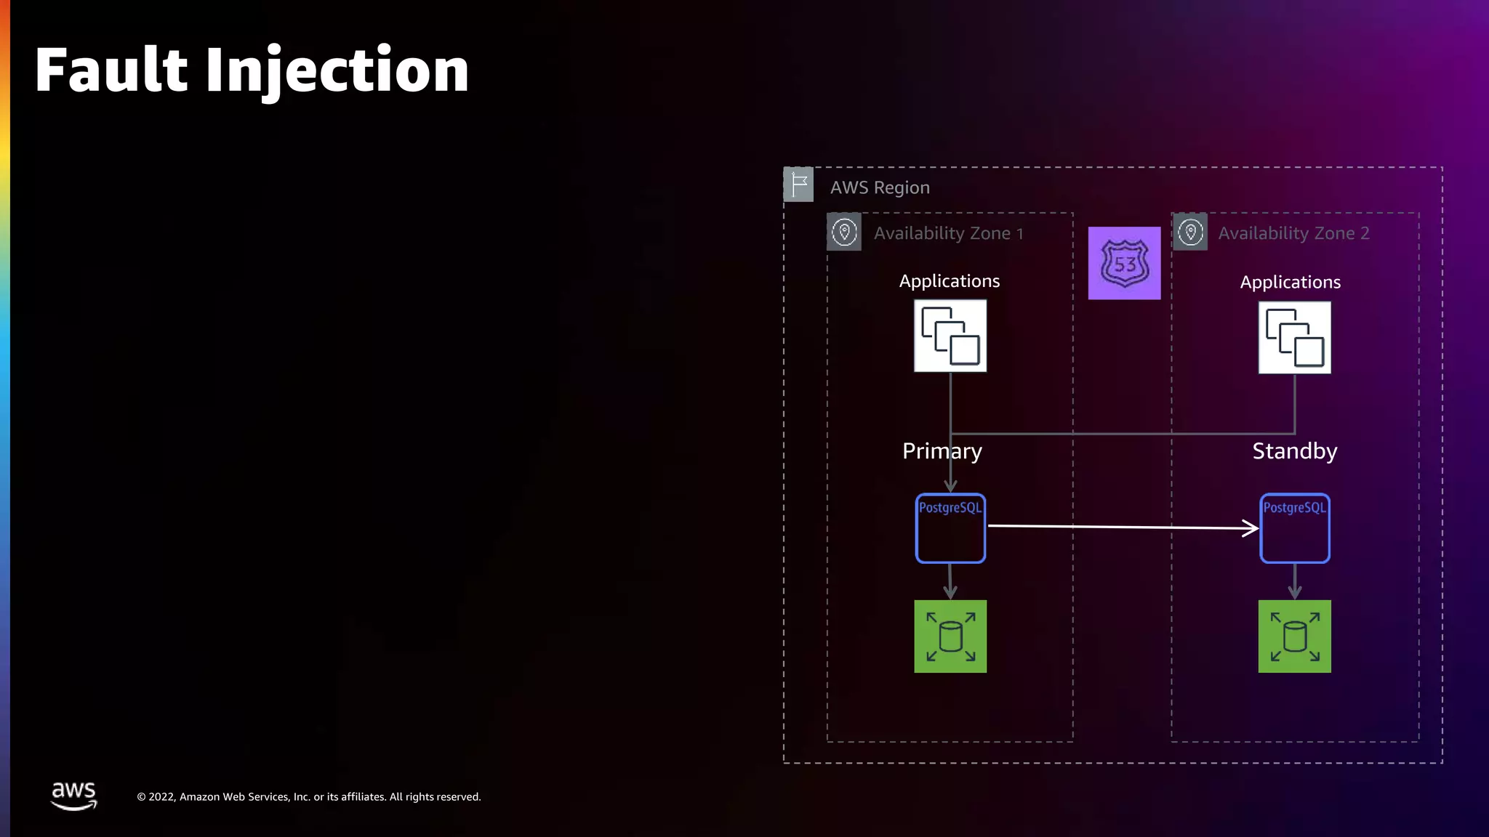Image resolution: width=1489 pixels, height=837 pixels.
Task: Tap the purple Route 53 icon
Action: pos(1124,263)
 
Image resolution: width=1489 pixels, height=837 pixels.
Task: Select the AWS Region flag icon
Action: pos(798,184)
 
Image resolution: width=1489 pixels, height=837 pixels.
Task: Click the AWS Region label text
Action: pos(880,187)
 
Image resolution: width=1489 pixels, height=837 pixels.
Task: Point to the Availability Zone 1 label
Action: pos(948,233)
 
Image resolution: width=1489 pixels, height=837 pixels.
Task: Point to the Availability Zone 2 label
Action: pos(1293,233)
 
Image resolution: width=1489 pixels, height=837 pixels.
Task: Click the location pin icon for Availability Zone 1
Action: pos(844,232)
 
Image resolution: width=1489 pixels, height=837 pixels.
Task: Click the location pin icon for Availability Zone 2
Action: pos(1190,232)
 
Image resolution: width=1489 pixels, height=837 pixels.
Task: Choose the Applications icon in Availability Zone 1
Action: pos(950,336)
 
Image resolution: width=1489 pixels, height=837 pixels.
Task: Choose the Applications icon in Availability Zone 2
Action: pos(1294,338)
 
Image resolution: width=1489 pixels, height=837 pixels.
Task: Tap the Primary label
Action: pos(942,451)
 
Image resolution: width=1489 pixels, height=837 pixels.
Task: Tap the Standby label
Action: pos(1294,451)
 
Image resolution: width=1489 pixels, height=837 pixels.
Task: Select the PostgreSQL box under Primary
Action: pos(950,528)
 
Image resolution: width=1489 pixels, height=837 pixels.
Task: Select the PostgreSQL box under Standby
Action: pos(1294,528)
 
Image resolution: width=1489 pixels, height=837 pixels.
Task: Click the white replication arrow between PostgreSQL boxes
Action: pos(1123,527)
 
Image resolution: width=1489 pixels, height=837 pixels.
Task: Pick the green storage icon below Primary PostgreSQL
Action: pos(950,636)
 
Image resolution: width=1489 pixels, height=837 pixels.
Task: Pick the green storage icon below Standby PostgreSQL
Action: pos(1294,636)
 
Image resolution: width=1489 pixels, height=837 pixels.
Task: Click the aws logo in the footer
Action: pos(73,796)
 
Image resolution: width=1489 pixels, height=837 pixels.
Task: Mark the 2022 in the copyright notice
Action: pos(161,797)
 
